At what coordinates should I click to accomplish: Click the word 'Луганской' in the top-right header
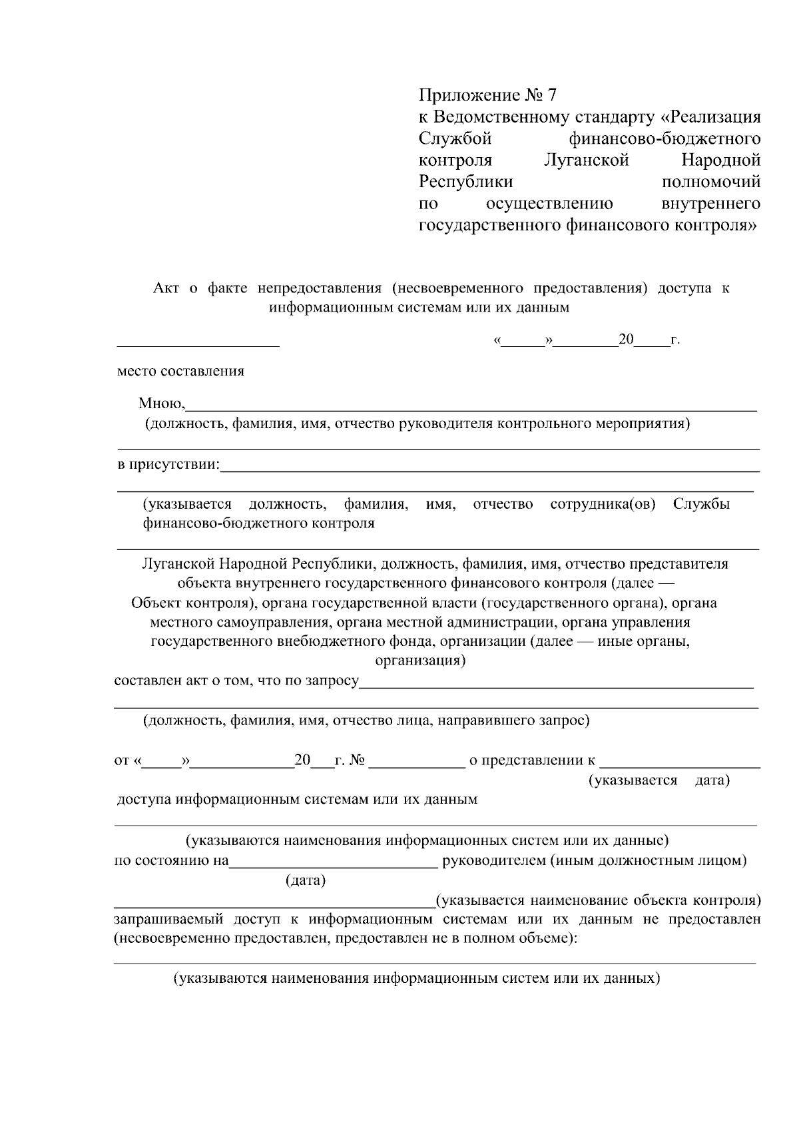click(x=586, y=160)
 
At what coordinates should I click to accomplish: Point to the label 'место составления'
click(x=180, y=371)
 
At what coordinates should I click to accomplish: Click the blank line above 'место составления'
click(x=198, y=344)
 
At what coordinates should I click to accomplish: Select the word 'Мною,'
click(x=162, y=403)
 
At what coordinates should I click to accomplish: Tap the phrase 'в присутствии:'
click(x=168, y=464)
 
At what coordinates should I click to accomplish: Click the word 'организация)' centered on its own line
click(x=420, y=661)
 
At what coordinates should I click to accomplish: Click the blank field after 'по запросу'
click(x=556, y=685)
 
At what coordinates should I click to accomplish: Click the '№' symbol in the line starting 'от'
click(x=357, y=760)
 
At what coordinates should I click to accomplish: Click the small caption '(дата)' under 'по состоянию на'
click(x=306, y=880)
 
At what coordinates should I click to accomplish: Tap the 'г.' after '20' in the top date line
click(x=675, y=340)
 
